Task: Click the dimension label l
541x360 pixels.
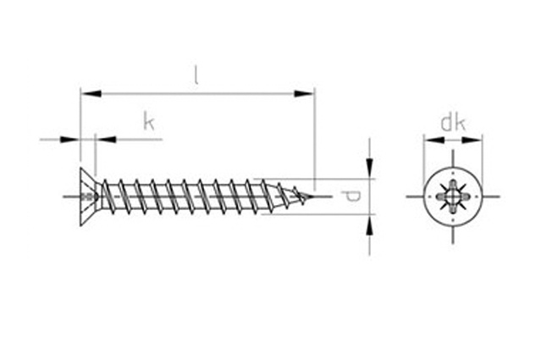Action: [196, 76]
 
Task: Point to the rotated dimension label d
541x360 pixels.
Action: [351, 197]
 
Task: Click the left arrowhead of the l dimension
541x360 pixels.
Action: [91, 93]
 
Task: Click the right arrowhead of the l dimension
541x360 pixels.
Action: [304, 93]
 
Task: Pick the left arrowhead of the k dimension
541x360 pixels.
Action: [70, 140]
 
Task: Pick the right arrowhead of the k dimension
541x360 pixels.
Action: [106, 140]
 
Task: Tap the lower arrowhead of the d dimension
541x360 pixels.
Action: [369, 225]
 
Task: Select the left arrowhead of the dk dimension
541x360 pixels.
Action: [434, 140]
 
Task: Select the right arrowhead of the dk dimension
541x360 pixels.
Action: [472, 140]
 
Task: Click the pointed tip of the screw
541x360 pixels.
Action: [313, 197]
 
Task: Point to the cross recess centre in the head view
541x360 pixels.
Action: [453, 197]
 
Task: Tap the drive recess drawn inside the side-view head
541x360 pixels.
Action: [91, 197]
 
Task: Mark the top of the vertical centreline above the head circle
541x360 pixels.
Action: [453, 150]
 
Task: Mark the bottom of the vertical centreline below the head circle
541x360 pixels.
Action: [453, 244]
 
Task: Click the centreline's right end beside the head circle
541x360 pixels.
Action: [500, 197]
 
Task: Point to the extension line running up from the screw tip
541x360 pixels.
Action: [315, 139]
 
